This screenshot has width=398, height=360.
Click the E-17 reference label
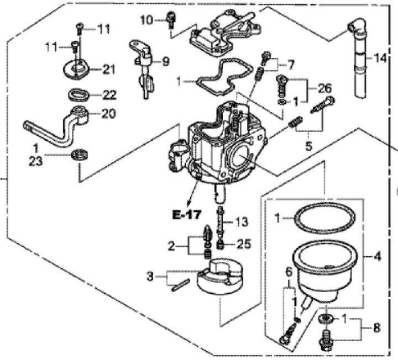[187, 215]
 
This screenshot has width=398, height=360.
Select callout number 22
[109, 95]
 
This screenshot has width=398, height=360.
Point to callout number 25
[244, 244]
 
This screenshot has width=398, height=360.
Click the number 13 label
[241, 222]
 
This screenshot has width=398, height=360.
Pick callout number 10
[147, 20]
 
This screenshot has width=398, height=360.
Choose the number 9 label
[166, 62]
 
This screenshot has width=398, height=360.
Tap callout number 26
[324, 88]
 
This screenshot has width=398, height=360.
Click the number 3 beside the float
[150, 276]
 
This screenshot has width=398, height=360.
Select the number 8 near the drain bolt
[376, 327]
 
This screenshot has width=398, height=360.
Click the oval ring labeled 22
[80, 95]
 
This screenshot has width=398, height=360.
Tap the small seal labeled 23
[80, 155]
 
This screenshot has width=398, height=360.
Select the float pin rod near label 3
[180, 285]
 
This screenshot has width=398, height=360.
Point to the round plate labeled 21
[77, 69]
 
